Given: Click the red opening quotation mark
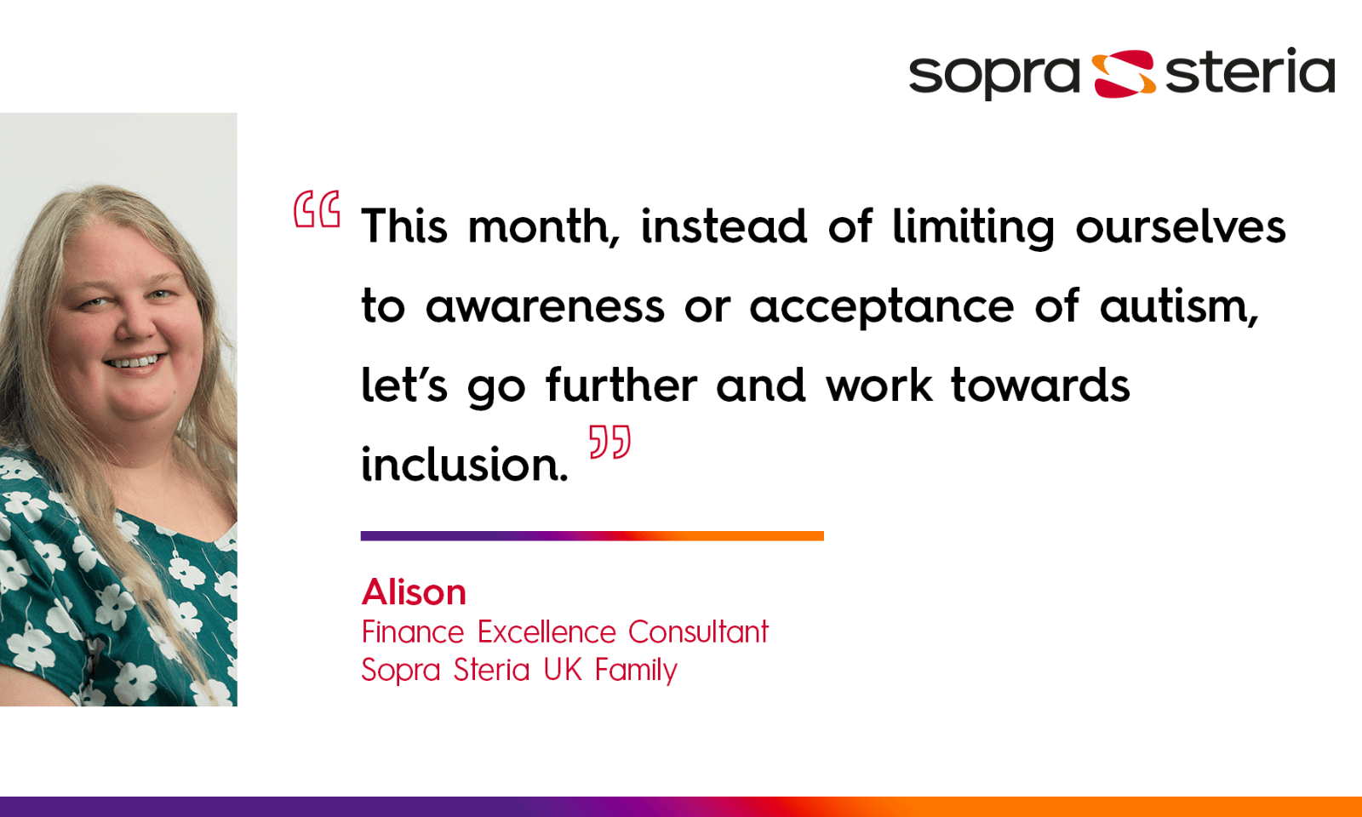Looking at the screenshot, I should click(x=317, y=209).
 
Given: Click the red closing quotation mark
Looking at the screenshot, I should click(x=609, y=442).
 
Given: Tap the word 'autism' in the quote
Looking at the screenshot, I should click(x=1178, y=307).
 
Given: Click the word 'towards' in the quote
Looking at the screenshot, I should click(x=1040, y=386).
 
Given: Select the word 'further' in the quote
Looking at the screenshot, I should click(x=621, y=386).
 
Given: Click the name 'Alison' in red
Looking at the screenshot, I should click(x=415, y=592).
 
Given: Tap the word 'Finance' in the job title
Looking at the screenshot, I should click(x=413, y=632).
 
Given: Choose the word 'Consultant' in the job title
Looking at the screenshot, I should click(x=698, y=632).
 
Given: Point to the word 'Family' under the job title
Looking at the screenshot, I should click(x=636, y=671).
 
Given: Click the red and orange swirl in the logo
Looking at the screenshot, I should click(x=1123, y=73).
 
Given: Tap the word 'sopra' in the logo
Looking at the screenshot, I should click(x=993, y=75).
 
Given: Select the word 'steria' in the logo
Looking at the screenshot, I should click(x=1250, y=71).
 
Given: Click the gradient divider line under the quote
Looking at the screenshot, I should click(x=592, y=536).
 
